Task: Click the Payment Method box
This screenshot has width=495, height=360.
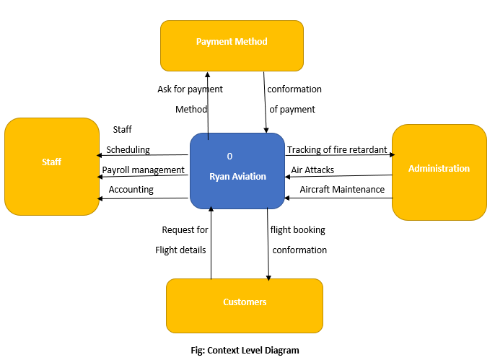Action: click(x=232, y=45)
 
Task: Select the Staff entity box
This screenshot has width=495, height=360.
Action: click(x=51, y=166)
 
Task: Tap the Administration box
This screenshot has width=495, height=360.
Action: click(x=439, y=172)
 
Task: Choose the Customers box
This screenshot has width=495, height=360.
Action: click(x=245, y=305)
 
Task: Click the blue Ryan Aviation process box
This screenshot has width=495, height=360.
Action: click(x=237, y=171)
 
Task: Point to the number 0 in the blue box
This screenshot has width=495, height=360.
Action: click(x=229, y=156)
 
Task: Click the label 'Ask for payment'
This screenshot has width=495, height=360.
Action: click(x=190, y=89)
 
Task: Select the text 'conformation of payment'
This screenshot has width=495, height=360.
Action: click(x=294, y=100)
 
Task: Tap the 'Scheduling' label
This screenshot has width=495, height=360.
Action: click(x=128, y=150)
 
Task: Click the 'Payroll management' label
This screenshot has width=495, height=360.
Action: click(x=143, y=170)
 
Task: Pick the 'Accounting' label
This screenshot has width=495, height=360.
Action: click(x=131, y=189)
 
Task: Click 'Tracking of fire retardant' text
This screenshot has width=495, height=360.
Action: click(x=337, y=150)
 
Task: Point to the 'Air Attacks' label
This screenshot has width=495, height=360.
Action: click(x=312, y=170)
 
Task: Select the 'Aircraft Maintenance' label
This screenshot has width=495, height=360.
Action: click(x=342, y=189)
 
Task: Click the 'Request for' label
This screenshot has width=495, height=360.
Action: click(x=185, y=230)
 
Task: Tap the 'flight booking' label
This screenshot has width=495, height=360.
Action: click(x=297, y=230)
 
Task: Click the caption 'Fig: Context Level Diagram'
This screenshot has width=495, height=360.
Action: click(x=245, y=351)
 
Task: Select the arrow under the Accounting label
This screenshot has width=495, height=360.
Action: click(x=144, y=198)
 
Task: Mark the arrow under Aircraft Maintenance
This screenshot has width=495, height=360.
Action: click(x=338, y=198)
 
